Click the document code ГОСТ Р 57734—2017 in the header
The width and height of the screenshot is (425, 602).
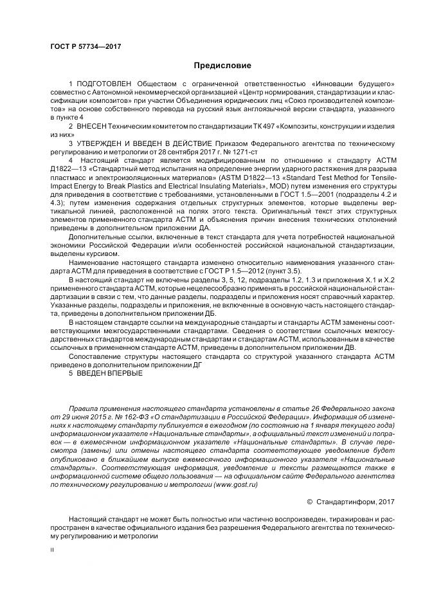[86, 46]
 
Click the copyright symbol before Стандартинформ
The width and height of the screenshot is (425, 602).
[328, 501]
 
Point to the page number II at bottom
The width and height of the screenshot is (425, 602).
[52, 550]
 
